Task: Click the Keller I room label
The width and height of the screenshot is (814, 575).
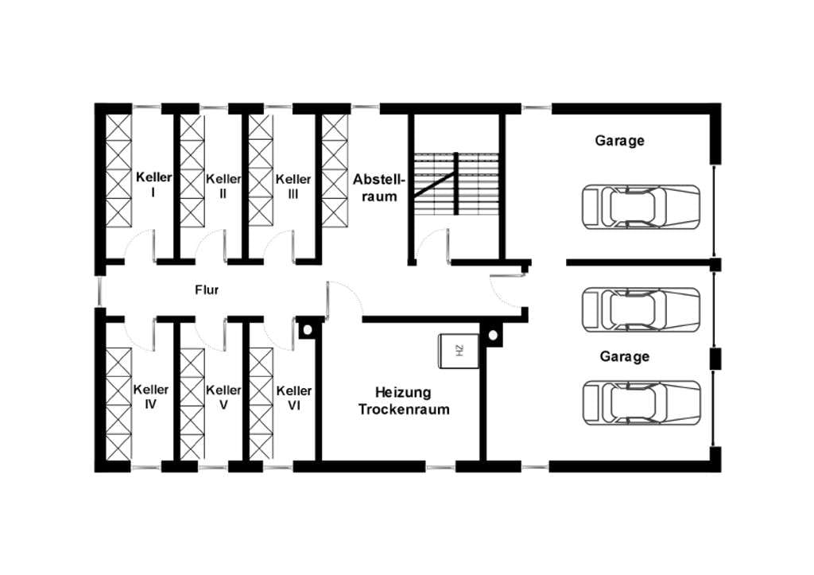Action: coord(153,185)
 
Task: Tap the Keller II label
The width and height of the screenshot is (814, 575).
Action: coord(223,186)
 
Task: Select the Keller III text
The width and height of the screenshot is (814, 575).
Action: coord(293,186)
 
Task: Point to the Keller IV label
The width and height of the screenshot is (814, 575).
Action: coord(151,396)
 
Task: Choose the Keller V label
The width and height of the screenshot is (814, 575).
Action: coord(223,397)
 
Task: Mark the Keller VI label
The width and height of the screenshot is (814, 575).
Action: coord(294,398)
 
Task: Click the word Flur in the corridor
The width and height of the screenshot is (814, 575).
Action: coord(207,289)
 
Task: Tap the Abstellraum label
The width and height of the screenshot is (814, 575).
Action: coord(378,188)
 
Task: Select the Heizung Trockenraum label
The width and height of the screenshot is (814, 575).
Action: coord(404,401)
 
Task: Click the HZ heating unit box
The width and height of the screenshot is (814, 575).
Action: coord(459,352)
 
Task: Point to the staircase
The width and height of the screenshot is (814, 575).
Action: coord(456,184)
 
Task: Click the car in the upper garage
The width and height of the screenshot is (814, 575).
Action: coord(642,207)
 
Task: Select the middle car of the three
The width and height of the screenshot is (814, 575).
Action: coord(642,309)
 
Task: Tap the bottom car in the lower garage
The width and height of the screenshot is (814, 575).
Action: coord(642,402)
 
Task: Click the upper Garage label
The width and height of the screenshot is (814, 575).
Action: coord(620,141)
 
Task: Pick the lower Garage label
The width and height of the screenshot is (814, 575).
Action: coord(625,357)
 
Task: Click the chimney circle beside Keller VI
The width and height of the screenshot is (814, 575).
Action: coord(308,329)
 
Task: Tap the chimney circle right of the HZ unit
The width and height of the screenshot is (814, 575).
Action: coord(493,335)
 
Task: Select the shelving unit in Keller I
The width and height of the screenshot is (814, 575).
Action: coord(119,170)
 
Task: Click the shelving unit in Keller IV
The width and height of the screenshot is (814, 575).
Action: coord(119,404)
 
